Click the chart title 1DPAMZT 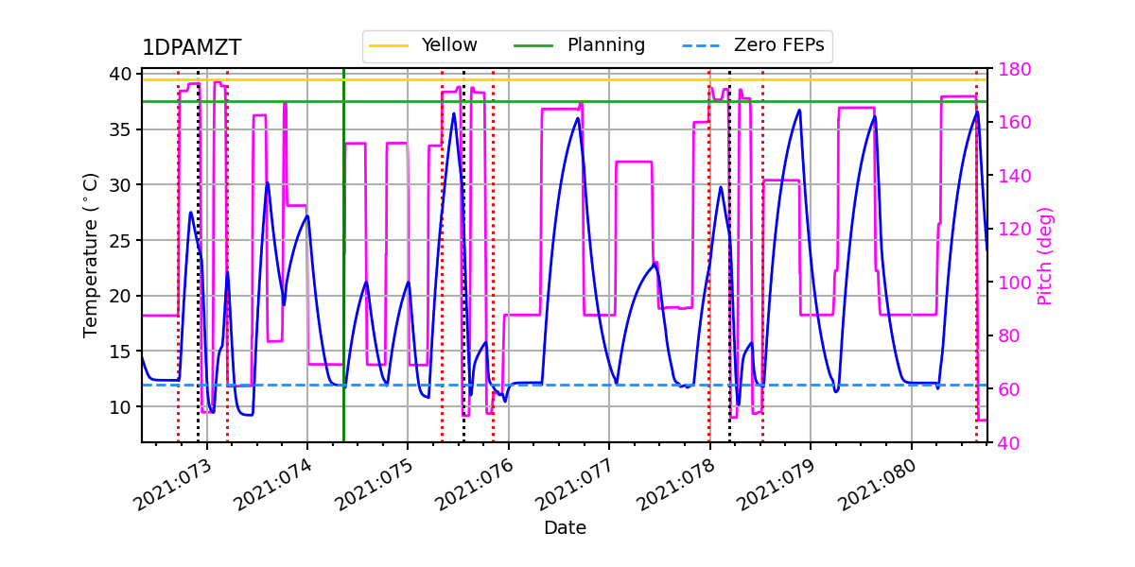point(191,48)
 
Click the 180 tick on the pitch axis point(1006,70)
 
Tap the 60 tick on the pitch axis point(1006,389)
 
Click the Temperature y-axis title point(91,255)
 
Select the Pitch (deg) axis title point(1045,255)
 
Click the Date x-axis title point(565,528)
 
